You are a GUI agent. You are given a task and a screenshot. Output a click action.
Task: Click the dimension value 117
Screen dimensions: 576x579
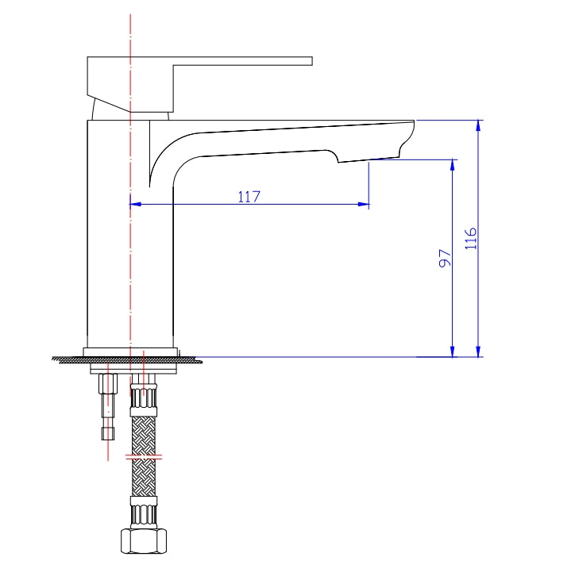click(249, 197)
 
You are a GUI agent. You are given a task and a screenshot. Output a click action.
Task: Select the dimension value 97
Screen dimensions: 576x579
click(445, 258)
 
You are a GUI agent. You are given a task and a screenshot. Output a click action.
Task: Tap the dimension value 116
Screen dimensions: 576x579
click(471, 239)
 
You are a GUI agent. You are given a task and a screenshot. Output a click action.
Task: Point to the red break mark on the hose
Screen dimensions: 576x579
click(144, 457)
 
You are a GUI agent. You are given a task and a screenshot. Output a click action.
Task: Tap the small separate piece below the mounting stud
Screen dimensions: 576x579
click(107, 432)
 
